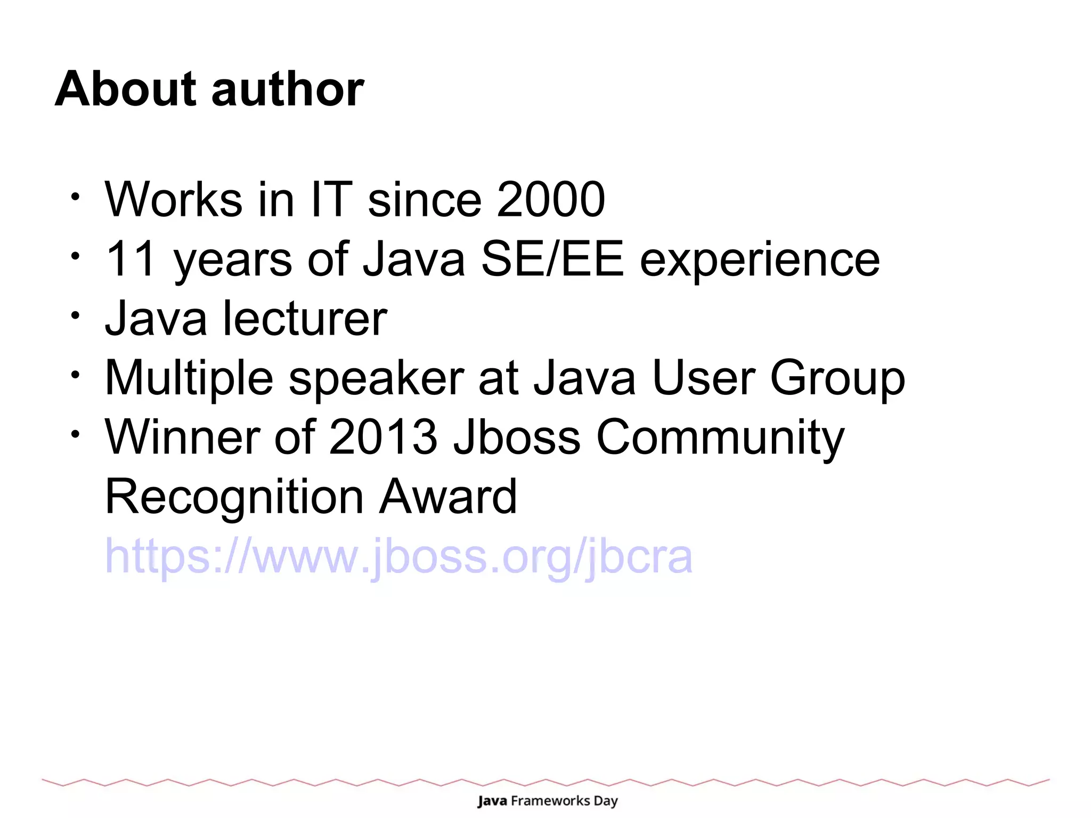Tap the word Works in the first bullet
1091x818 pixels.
click(174, 199)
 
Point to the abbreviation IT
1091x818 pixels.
click(331, 199)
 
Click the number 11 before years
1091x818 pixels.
click(131, 259)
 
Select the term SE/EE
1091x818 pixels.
click(552, 259)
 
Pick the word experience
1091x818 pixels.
click(760, 260)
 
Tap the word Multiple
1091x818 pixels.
click(189, 379)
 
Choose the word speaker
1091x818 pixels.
click(376, 379)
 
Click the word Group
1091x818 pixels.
click(837, 379)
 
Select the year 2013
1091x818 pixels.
click(383, 437)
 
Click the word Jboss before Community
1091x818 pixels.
click(517, 437)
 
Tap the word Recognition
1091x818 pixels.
click(234, 497)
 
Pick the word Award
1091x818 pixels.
click(447, 497)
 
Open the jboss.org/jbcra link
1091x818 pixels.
click(398, 556)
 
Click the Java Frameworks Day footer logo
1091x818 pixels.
click(548, 801)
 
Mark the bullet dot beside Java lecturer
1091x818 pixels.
click(76, 315)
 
